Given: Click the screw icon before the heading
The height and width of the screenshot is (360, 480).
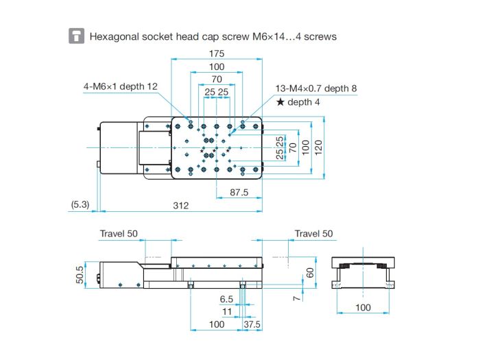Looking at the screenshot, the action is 76,36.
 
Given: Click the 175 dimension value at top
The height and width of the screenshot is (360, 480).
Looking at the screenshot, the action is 217,53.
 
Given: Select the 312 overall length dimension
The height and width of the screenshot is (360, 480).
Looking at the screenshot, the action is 180,206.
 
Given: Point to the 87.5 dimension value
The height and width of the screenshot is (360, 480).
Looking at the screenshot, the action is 239,193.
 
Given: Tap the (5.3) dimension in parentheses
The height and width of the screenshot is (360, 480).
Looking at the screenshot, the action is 80,204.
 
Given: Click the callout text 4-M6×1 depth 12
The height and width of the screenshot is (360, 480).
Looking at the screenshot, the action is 120,86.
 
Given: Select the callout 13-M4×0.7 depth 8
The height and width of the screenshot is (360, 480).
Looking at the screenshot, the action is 316,88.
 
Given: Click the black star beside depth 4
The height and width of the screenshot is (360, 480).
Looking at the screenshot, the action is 280,102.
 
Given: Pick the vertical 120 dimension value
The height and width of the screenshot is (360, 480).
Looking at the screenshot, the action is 318,147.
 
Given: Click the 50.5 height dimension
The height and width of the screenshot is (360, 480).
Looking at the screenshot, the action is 80,275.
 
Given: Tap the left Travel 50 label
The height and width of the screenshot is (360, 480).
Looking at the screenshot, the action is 119,234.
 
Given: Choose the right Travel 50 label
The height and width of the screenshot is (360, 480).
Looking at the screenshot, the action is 313,234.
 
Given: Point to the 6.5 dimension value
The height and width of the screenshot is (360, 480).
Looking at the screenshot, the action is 226,299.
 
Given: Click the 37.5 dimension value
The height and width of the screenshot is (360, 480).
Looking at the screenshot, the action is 252,324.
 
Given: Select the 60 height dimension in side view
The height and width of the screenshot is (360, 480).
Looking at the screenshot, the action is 310,272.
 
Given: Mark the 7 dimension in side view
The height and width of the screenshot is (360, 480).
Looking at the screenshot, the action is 297,298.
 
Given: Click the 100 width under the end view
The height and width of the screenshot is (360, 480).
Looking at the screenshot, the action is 363,307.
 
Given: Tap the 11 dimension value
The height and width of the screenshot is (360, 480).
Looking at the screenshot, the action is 227,311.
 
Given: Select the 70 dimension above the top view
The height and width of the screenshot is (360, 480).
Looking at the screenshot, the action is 217,79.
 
